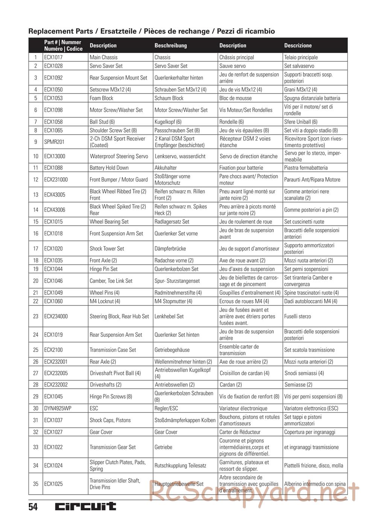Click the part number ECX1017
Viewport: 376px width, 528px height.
pyautogui.click(x=53, y=57)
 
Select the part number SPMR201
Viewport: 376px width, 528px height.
pyautogui.click(x=54, y=142)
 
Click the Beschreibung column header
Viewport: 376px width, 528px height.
pyautogui.click(x=171, y=45)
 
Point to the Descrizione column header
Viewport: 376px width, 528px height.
pyautogui.click(x=298, y=45)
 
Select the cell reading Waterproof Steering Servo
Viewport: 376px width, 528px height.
pyautogui.click(x=119, y=156)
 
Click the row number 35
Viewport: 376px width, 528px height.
pyautogui.click(x=36, y=484)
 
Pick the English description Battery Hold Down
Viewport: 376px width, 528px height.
pyautogui.click(x=109, y=168)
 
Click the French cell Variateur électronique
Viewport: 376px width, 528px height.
pyautogui.click(x=243, y=409)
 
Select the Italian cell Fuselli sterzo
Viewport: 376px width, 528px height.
pyautogui.click(x=297, y=317)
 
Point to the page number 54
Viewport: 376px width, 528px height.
pyautogui.click(x=33, y=507)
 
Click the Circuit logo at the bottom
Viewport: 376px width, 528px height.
pyautogui.click(x=86, y=507)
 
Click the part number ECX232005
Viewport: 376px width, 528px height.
pyautogui.click(x=57, y=373)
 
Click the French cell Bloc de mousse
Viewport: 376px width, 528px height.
pyautogui.click(x=235, y=98)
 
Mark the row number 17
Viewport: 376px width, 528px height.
pyautogui.click(x=36, y=249)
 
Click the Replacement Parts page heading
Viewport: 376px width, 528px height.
pyautogui.click(x=152, y=31)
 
